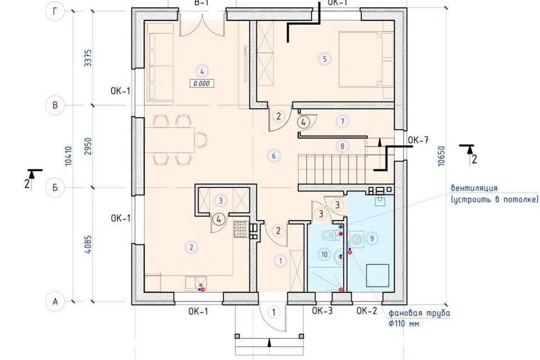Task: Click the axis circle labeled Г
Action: click(55, 11)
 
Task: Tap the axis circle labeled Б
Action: click(55, 188)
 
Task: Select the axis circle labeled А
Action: click(55, 301)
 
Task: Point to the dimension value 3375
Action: click(88, 58)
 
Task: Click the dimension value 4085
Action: click(88, 245)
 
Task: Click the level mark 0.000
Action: click(202, 83)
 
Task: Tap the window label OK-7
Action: click(418, 140)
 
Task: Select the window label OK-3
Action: click(322, 310)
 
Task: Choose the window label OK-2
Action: click(367, 310)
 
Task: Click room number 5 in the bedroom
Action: click(325, 59)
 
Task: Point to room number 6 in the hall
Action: click(274, 156)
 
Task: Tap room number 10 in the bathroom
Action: click(325, 255)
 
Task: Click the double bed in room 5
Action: click(366, 59)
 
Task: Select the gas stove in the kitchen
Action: click(241, 229)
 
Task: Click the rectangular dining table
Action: click(169, 140)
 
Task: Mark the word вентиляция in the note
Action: click(474, 188)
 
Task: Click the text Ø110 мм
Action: click(404, 324)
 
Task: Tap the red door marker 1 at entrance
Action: click(274, 312)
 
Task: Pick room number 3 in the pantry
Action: click(220, 200)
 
